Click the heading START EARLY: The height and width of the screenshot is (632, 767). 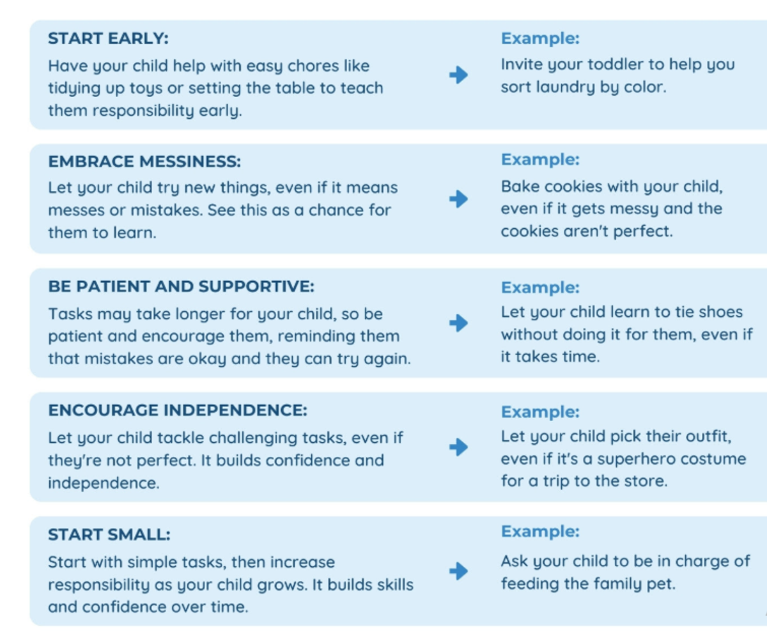[x=109, y=38]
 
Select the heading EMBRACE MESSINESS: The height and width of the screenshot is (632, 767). [x=144, y=162]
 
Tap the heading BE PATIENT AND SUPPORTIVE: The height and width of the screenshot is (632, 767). [x=181, y=286]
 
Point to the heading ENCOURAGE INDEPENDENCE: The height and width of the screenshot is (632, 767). [x=178, y=410]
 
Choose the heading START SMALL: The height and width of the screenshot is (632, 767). [x=109, y=535]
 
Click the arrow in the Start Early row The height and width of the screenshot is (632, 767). [x=458, y=75]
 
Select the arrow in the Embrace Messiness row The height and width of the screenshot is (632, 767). [x=458, y=199]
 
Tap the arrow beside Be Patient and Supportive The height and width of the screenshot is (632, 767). [x=458, y=323]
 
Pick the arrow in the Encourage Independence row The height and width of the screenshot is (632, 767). [x=458, y=447]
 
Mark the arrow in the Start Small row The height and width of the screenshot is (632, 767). [x=458, y=571]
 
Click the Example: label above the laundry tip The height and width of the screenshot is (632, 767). [x=540, y=38]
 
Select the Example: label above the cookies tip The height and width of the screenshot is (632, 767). [x=540, y=160]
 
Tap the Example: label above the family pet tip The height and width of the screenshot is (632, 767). [x=540, y=532]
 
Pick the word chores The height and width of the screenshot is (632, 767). [x=313, y=66]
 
